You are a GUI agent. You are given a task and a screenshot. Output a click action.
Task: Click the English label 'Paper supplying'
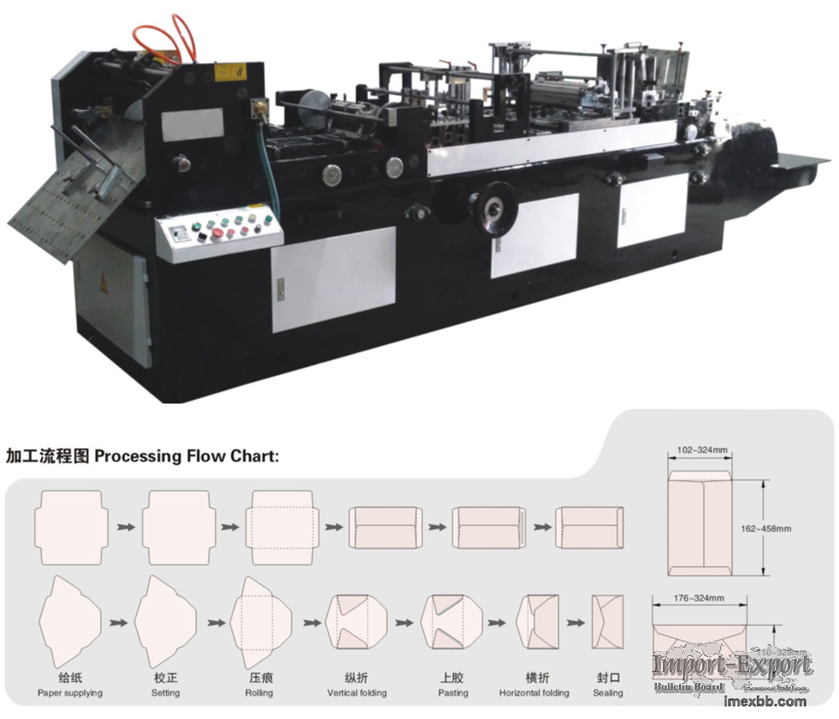70,693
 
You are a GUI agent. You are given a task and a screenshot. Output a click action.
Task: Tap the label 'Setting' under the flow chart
165,693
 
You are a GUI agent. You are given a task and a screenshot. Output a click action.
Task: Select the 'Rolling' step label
258,693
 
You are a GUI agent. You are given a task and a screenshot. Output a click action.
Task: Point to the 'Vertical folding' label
357,693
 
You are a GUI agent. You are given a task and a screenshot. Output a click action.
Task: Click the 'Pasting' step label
453,693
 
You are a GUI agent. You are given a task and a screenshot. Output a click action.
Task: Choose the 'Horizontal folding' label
534,693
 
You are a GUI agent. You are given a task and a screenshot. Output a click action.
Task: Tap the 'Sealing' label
607,693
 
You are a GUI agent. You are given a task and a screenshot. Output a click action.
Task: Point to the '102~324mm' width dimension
701,451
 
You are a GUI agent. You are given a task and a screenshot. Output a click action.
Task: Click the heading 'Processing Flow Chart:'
186,457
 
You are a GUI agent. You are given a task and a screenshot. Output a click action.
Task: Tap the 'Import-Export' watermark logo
732,667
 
